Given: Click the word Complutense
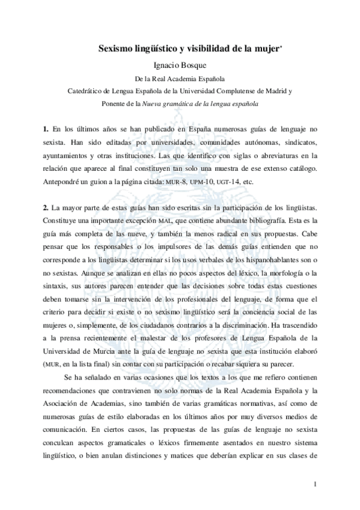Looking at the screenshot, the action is (240, 91).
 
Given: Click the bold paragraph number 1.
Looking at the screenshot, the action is (45, 129).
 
